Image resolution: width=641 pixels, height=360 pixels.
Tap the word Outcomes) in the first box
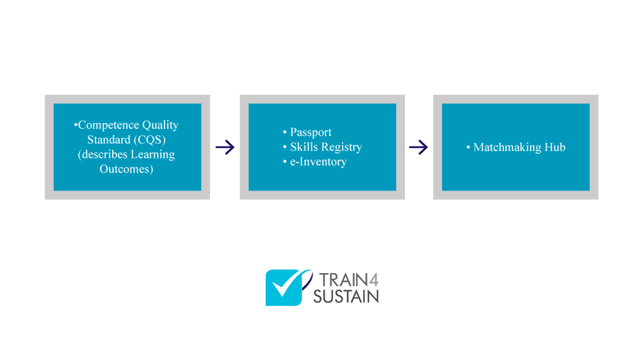[x=126, y=169]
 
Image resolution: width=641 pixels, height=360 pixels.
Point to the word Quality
[x=160, y=125]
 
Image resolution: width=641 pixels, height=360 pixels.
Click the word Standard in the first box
[x=108, y=140]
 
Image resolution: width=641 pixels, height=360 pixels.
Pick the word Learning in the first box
[x=152, y=154]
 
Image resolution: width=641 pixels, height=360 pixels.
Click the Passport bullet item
[x=311, y=133]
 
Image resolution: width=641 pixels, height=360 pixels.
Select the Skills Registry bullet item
[x=325, y=147]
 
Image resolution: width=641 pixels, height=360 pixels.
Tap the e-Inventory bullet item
[x=318, y=162]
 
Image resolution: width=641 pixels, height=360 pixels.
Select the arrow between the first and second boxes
[x=225, y=147]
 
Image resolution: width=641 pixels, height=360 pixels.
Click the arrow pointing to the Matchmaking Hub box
[x=418, y=147]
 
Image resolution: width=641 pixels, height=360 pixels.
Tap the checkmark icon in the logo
[x=284, y=287]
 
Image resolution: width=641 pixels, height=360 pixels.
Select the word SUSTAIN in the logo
[x=346, y=297]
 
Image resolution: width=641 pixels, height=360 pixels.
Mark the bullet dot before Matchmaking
[x=468, y=147]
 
